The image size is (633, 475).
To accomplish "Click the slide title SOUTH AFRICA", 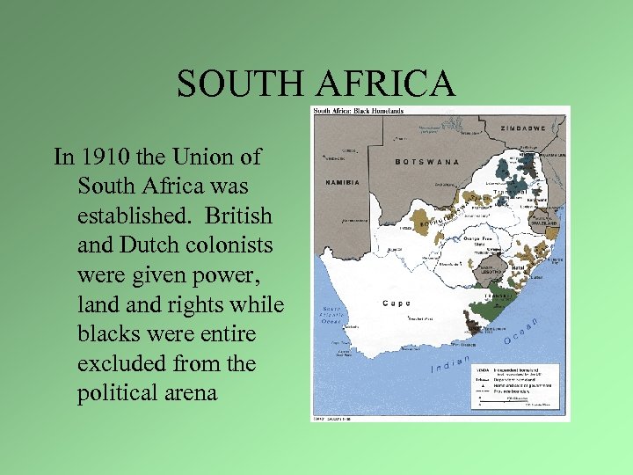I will (x=316, y=84).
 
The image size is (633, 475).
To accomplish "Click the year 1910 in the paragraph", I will (x=104, y=157).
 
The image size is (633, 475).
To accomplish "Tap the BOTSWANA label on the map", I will (x=427, y=162).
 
